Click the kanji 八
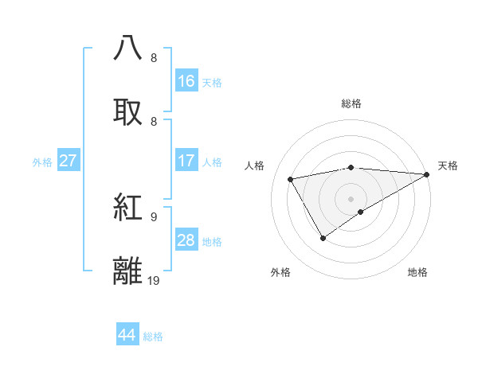[x=128, y=47]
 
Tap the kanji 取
[x=128, y=111]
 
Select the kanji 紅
[x=128, y=207]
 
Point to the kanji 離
[x=128, y=271]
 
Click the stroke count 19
[x=154, y=281]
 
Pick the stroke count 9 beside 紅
[x=154, y=216]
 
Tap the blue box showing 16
[x=186, y=81]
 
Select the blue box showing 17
[x=186, y=161]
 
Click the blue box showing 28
[x=186, y=240]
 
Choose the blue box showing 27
[x=69, y=161]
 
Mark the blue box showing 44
[x=127, y=336]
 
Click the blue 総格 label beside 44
[x=153, y=337]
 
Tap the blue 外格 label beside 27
[x=42, y=162]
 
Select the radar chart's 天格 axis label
[x=448, y=166]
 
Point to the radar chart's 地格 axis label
[x=417, y=272]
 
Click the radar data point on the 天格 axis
[x=427, y=174]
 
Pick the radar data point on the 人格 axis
[x=291, y=179]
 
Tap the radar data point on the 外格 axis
[x=323, y=238]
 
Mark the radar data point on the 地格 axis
[x=361, y=212]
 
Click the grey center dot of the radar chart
[x=351, y=198]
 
